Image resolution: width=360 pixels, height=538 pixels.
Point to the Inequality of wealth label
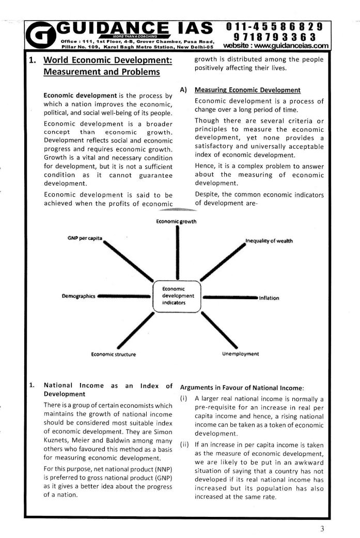(x=269, y=241)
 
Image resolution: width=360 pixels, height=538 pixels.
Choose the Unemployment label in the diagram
(x=240, y=354)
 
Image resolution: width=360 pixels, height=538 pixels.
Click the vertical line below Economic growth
(x=178, y=253)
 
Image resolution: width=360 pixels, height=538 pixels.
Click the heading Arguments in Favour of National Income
(x=243, y=388)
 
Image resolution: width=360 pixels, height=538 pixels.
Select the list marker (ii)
(x=185, y=444)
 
